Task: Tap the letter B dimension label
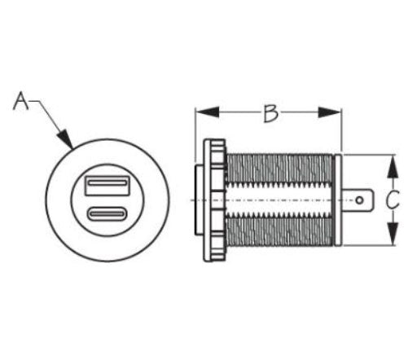click(x=270, y=112)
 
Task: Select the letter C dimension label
click(x=393, y=199)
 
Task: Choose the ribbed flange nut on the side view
click(x=215, y=200)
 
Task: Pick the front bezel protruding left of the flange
click(x=197, y=200)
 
